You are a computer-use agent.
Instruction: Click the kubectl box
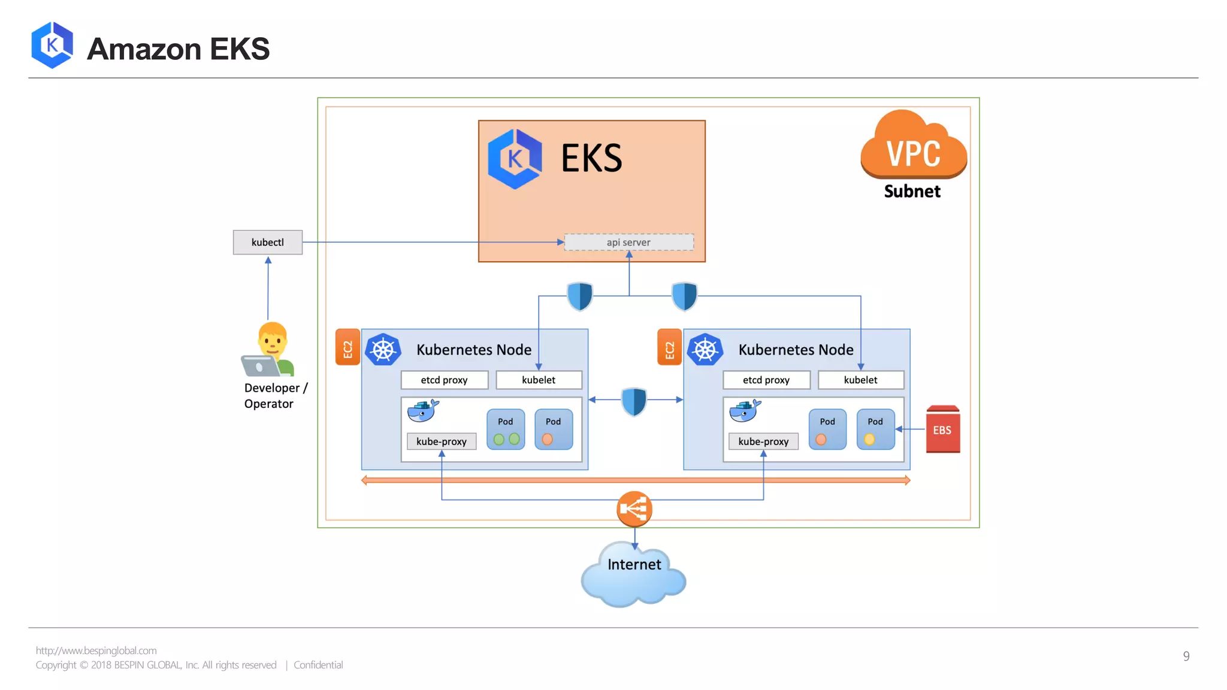click(267, 242)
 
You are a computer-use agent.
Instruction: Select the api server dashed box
click(628, 242)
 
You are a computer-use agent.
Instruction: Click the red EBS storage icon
click(942, 429)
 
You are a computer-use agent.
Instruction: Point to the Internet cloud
click(634, 575)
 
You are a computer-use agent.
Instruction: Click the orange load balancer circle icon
click(634, 509)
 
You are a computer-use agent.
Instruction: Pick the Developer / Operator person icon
click(268, 350)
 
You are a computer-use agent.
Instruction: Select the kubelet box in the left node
click(539, 380)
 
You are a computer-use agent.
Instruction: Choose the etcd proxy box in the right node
click(766, 380)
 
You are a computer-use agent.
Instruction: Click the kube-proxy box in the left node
click(442, 441)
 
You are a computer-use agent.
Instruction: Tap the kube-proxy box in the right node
click(763, 441)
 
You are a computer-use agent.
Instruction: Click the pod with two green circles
click(506, 429)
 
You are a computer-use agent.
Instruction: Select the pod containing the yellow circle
click(875, 429)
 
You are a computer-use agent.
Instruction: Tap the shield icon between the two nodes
click(634, 401)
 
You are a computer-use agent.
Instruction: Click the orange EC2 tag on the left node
click(347, 347)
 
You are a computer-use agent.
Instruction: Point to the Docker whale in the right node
click(745, 411)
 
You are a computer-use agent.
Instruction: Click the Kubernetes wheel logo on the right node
click(705, 350)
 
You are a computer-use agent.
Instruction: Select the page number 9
click(1186, 656)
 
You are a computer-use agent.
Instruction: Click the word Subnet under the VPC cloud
click(912, 191)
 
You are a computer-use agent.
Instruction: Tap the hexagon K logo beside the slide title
click(52, 45)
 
